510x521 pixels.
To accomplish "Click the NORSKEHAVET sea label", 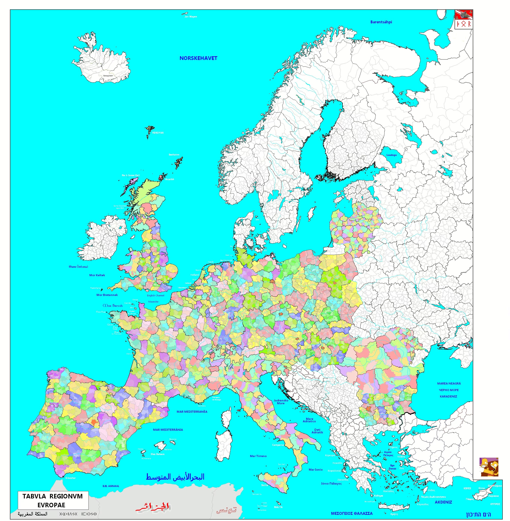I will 198,58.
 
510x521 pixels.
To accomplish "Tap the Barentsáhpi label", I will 381,22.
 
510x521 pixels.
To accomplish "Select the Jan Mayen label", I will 191,17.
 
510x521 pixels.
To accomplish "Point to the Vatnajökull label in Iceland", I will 108,76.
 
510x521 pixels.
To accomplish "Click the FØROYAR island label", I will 158,133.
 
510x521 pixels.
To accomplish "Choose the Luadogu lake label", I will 391,155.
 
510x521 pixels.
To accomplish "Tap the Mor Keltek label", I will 97,275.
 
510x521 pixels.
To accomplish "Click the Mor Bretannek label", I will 107,295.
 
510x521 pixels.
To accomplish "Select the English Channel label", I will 155,296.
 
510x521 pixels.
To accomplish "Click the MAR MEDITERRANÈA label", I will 192,412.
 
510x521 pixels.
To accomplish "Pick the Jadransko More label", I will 281,402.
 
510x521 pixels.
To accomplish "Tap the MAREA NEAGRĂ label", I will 449,383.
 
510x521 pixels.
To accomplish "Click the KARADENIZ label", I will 448,396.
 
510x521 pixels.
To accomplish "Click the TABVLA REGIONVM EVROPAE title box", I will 53,500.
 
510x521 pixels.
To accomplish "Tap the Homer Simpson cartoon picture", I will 489,467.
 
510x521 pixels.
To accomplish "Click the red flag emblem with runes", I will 464,19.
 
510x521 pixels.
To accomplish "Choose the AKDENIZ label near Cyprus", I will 443,502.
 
